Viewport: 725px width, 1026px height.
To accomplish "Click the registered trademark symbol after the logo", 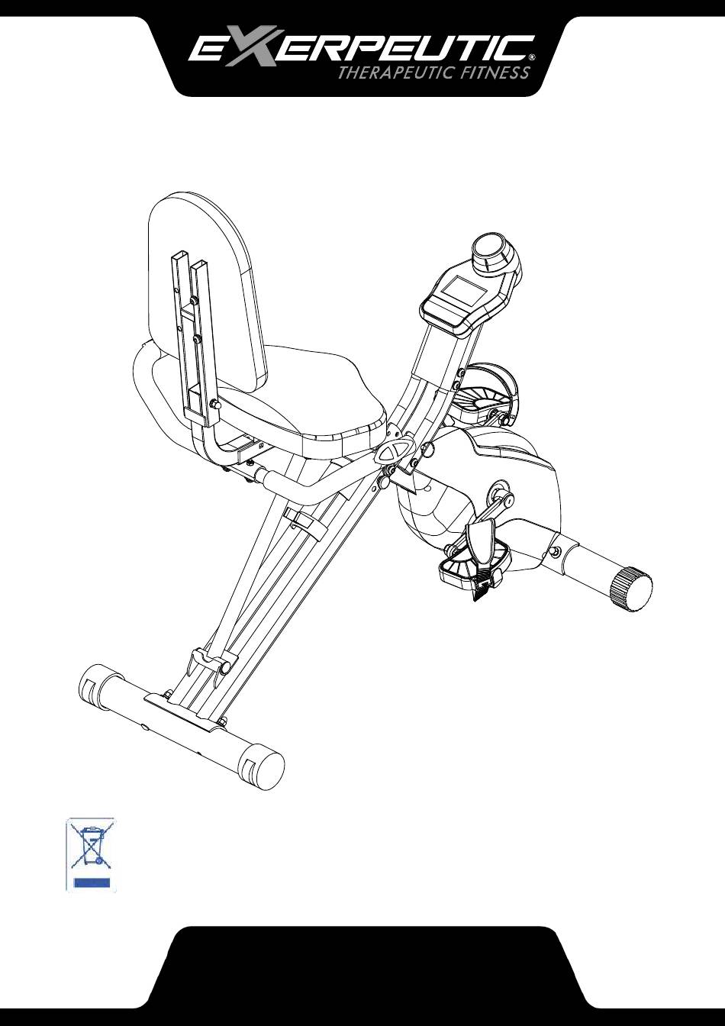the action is [531, 56].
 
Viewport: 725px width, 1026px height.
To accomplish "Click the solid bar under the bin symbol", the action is [90, 883].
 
